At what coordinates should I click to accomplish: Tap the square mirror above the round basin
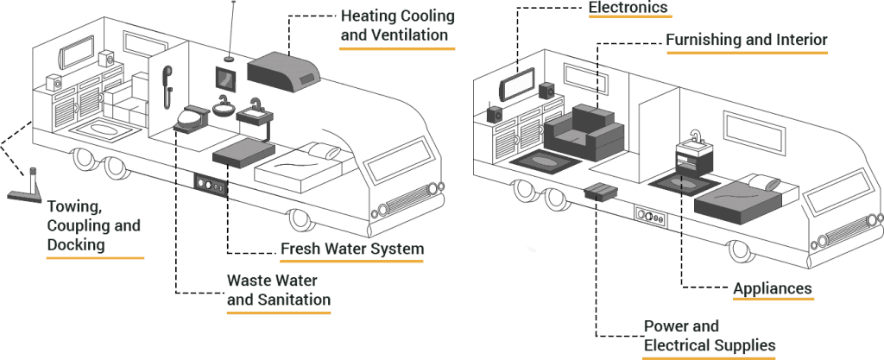point(227,79)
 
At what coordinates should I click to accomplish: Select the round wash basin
point(224,110)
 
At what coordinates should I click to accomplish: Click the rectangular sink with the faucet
point(254,113)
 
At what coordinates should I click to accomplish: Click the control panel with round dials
point(211,185)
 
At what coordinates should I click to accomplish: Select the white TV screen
point(518,85)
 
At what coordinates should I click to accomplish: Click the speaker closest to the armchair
point(546,91)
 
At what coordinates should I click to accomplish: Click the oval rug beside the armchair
point(545,161)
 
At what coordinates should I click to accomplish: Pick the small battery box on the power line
point(601,192)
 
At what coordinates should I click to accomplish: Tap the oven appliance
point(693,161)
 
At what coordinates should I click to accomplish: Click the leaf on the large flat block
point(773,184)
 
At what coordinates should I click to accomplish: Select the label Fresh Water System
point(351,249)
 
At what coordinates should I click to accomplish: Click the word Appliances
point(773,288)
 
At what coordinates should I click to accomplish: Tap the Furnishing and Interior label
point(746,40)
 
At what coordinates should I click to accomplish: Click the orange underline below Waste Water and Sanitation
point(279,313)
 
